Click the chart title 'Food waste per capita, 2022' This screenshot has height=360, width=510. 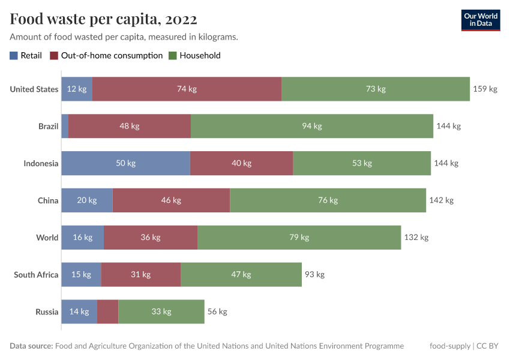click(x=103, y=19)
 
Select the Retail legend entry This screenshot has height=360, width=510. click(x=26, y=56)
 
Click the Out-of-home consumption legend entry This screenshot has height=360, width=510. click(x=106, y=56)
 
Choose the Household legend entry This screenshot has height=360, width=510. click(x=194, y=56)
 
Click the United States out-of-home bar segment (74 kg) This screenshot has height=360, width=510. click(x=187, y=89)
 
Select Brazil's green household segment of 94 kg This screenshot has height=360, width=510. click(x=311, y=126)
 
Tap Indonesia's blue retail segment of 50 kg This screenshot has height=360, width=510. click(x=125, y=163)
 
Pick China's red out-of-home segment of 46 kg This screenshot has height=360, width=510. click(x=171, y=200)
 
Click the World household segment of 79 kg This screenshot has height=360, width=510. click(x=299, y=238)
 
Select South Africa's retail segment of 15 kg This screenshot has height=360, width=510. click(x=81, y=275)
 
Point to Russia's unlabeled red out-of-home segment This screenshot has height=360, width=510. click(x=107, y=312)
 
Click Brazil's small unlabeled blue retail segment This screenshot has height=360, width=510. click(x=65, y=126)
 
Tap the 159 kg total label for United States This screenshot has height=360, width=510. click(x=485, y=89)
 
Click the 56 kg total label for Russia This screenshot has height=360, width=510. click(x=217, y=312)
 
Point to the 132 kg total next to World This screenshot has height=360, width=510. click(x=416, y=238)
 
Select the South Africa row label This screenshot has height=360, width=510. click(x=36, y=275)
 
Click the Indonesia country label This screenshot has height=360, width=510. click(x=41, y=163)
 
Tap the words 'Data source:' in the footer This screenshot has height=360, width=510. click(x=31, y=346)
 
